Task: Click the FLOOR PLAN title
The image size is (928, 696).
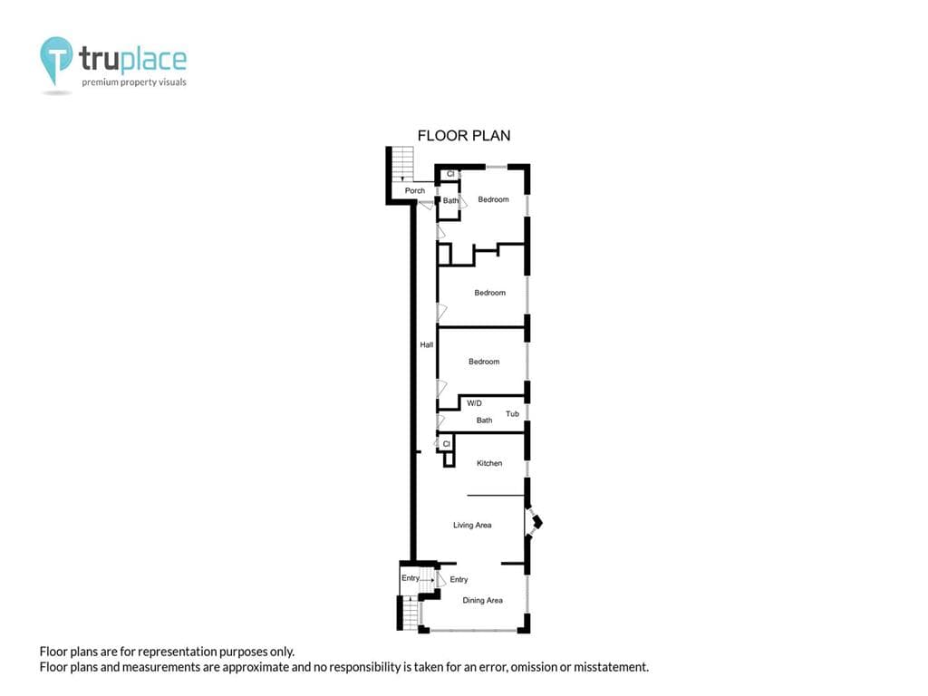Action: click(x=464, y=136)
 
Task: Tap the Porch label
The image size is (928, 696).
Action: click(x=415, y=190)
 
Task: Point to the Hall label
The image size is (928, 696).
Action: click(x=427, y=344)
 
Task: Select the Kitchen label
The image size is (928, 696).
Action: click(x=489, y=463)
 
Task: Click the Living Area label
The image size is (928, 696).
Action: click(x=472, y=525)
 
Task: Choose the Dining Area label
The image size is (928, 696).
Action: click(x=482, y=600)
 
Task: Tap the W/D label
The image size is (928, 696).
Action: click(x=474, y=403)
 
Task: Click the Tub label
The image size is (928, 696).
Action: click(x=513, y=413)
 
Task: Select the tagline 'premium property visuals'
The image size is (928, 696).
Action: click(x=134, y=82)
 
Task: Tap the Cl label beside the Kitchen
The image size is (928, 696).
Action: click(x=446, y=444)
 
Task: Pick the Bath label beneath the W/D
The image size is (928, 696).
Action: click(x=484, y=420)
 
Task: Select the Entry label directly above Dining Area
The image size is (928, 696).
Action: click(x=459, y=579)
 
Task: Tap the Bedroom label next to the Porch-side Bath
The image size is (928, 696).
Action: click(x=494, y=199)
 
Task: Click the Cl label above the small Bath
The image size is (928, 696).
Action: click(x=450, y=174)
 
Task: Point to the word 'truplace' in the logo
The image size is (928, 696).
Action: click(x=133, y=60)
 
